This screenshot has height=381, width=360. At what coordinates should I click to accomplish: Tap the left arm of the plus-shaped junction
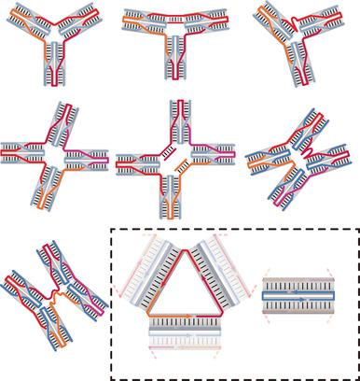pyautogui.click(x=136, y=162)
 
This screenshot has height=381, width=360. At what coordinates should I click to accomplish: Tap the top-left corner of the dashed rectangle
pyautogui.click(x=112, y=228)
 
